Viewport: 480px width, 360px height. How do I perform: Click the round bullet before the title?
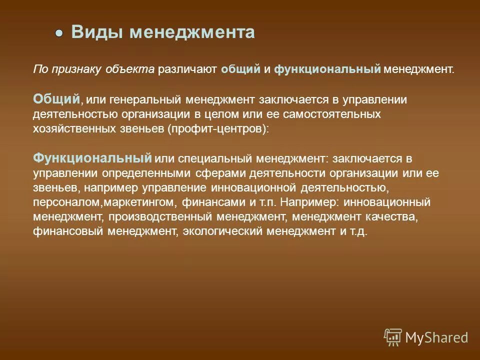pyautogui.click(x=59, y=33)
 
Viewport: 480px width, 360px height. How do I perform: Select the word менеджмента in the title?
pyautogui.click(x=192, y=32)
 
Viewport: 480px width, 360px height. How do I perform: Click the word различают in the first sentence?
pyautogui.click(x=187, y=69)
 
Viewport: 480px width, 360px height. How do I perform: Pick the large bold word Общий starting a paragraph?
pyautogui.click(x=56, y=98)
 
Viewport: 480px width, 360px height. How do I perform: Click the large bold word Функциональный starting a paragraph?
pyautogui.click(x=92, y=158)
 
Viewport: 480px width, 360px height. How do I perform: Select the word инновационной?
pyautogui.click(x=254, y=188)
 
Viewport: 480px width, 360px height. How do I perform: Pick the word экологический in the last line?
pyautogui.click(x=222, y=232)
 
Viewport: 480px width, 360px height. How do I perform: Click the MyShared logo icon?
pyautogui.click(x=393, y=337)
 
